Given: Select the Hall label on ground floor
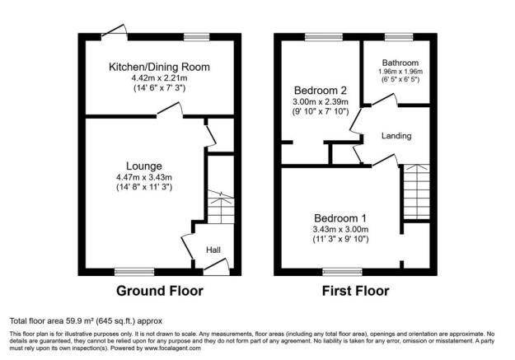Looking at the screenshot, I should coord(213,250).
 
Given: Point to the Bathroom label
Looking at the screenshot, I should coord(399,63).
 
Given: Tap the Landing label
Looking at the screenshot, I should coord(396,135).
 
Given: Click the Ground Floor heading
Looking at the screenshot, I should coord(159,291).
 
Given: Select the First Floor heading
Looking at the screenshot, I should coord(355,291).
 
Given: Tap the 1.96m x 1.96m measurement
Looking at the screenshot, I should coord(399,72).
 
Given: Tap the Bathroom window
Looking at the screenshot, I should coord(400,37).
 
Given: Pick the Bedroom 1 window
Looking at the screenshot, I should coord(341,271).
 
